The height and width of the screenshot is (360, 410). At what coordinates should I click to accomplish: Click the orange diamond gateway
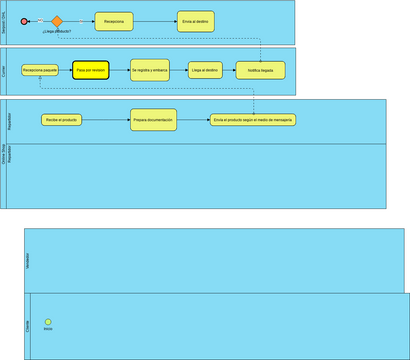[x=57, y=21]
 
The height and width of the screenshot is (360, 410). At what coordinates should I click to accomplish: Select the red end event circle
[x=25, y=21]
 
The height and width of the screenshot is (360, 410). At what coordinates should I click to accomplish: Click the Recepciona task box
[x=114, y=21]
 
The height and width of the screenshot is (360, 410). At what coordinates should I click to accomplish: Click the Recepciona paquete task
[x=40, y=70]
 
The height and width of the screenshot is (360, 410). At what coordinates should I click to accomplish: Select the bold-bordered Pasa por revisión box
[x=90, y=70]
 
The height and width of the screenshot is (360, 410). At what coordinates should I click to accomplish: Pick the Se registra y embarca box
[x=149, y=70]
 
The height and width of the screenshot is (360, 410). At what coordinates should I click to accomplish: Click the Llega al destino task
[x=205, y=70]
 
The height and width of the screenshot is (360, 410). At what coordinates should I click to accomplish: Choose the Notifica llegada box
[x=260, y=70]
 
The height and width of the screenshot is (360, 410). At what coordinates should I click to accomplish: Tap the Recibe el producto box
[x=61, y=120]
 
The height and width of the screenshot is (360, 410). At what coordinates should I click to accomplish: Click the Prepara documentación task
[x=152, y=120]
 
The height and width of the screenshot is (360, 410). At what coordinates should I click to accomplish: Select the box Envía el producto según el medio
[x=252, y=120]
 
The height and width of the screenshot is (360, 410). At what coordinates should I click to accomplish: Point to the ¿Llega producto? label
[x=57, y=33]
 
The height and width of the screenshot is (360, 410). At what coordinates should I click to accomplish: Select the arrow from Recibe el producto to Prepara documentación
[x=105, y=120]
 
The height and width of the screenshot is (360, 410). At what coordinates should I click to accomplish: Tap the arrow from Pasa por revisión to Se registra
[x=119, y=70]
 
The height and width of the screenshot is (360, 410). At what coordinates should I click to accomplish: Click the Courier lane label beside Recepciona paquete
[x=4, y=73]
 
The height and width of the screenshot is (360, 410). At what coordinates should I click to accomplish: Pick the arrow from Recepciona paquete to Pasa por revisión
[x=65, y=70]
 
